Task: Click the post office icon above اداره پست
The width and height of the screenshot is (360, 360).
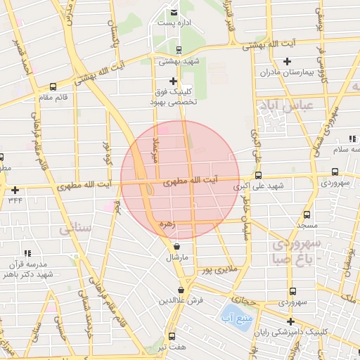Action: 174,12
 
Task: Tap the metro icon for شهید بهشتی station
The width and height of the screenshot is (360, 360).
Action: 178,50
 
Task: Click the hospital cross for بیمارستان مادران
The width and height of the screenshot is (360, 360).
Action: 286,61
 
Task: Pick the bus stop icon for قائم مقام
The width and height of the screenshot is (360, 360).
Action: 53,87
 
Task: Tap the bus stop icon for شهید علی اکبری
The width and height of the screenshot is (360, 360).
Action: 258,175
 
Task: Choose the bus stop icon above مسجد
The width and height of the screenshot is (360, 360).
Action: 307,214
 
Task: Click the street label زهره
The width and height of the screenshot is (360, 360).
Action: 166,224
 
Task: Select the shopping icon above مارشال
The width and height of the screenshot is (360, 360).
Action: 175,247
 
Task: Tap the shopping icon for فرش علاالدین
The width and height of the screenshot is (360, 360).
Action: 181,289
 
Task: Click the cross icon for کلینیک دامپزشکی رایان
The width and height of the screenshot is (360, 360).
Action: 290,321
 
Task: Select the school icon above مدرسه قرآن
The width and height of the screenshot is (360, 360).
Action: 27,252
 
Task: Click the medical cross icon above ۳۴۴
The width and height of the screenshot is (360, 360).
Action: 15,190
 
